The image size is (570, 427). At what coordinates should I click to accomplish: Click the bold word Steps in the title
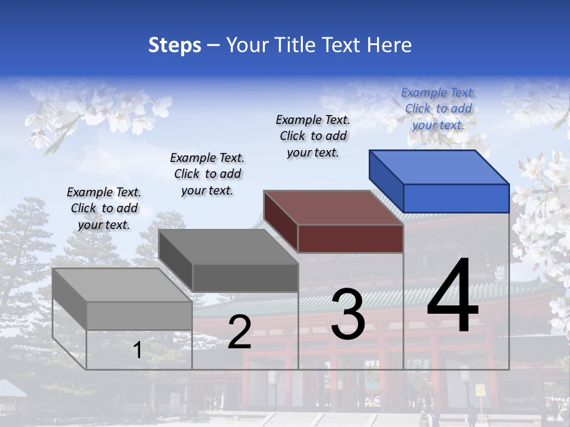[x=175, y=45]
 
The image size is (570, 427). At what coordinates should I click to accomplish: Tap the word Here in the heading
[x=389, y=45]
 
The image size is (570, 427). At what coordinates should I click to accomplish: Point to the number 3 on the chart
[x=348, y=314]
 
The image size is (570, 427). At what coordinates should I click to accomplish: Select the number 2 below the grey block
[x=239, y=332]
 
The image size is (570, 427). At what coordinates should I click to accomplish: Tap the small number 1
[x=137, y=350]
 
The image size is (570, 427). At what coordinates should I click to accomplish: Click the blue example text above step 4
[x=438, y=109]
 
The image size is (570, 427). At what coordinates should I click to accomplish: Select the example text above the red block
[x=313, y=136]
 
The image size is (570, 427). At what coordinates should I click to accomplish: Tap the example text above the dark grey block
[x=207, y=174]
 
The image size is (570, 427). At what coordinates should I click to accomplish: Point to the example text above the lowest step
[x=104, y=208]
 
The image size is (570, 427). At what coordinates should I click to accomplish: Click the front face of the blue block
[x=456, y=198]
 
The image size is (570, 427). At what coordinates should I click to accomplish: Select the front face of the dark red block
[x=350, y=239]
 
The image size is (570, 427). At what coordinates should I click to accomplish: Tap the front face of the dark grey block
[x=245, y=278]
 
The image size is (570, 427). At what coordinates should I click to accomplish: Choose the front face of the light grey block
[x=140, y=316]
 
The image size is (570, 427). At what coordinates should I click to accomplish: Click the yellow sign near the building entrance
[x=480, y=390]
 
